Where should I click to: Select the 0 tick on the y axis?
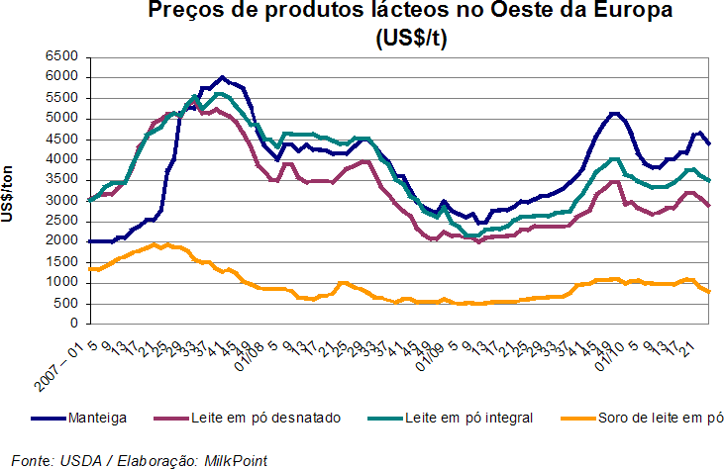tap(75, 324)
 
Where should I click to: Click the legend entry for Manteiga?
tap(95, 418)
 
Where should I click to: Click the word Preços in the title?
tap(184, 12)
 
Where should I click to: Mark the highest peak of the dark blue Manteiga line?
tap(222, 76)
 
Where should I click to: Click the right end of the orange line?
tap(709, 291)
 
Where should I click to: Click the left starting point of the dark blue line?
tap(90, 241)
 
